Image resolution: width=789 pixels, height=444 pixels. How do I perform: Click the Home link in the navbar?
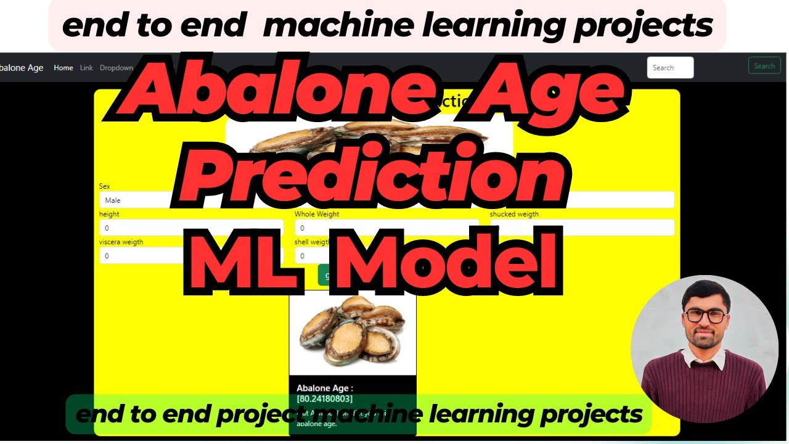point(63,68)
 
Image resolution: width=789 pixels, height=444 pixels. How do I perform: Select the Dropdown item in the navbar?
point(116,68)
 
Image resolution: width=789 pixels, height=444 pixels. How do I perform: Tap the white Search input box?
point(670,68)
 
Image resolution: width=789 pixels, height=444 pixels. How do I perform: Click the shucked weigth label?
point(514,215)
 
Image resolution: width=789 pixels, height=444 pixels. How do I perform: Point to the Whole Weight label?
point(317,215)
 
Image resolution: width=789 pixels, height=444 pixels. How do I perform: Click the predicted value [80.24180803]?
point(325,399)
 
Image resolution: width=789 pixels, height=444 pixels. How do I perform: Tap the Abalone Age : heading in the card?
point(325,388)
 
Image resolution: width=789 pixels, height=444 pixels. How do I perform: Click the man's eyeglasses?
point(706,316)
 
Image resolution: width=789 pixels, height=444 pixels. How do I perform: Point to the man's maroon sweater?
point(703,382)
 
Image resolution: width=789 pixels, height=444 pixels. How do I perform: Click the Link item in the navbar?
point(86,68)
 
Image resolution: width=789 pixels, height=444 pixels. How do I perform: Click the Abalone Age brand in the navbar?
point(22,68)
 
